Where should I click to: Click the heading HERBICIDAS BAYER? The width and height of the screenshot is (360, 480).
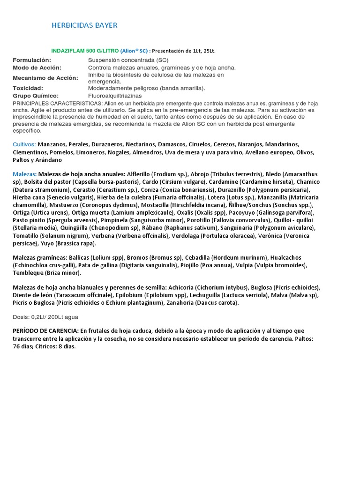coord(84,25)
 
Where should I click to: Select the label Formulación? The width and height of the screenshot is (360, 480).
coord(31,60)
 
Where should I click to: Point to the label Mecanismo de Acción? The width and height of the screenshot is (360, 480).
coord(45,78)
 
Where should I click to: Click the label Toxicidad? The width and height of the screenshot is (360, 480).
coord(28,88)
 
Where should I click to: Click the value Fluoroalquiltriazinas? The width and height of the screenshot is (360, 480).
coord(115,96)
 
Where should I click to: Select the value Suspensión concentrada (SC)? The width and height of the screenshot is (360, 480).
coord(128,60)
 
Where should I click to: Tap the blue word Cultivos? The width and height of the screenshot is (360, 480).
coord(24,144)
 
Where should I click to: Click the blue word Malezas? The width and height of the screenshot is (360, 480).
coord(24,174)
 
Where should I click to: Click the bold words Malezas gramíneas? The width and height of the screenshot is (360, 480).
coord(40,258)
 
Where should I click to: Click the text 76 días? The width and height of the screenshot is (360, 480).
coord(22,346)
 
